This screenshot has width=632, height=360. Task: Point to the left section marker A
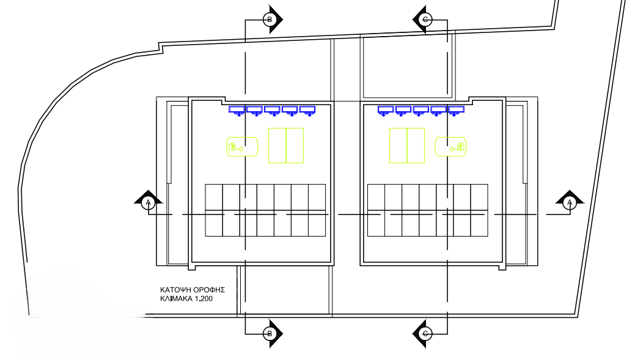click(x=149, y=201)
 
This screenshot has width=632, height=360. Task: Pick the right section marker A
click(x=570, y=201)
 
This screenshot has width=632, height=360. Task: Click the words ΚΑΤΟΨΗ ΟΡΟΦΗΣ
click(x=193, y=290)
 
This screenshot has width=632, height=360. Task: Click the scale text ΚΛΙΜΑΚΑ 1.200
click(x=186, y=299)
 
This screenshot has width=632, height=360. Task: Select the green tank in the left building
click(x=242, y=146)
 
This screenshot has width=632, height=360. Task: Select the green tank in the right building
click(x=450, y=146)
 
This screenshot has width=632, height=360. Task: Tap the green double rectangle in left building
click(x=286, y=145)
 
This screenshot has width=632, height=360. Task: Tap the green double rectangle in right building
click(x=407, y=145)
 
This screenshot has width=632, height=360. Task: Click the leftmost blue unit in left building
click(x=237, y=111)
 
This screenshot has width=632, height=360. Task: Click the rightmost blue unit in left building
click(x=307, y=111)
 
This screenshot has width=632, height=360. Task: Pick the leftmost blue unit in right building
click(x=386, y=111)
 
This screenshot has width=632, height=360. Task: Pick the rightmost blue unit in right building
click(x=456, y=111)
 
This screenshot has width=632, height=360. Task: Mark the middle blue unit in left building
click(x=272, y=111)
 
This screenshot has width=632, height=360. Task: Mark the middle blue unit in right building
click(x=421, y=111)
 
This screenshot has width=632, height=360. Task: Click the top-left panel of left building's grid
click(x=214, y=197)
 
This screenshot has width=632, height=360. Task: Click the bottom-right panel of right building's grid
click(x=479, y=223)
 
